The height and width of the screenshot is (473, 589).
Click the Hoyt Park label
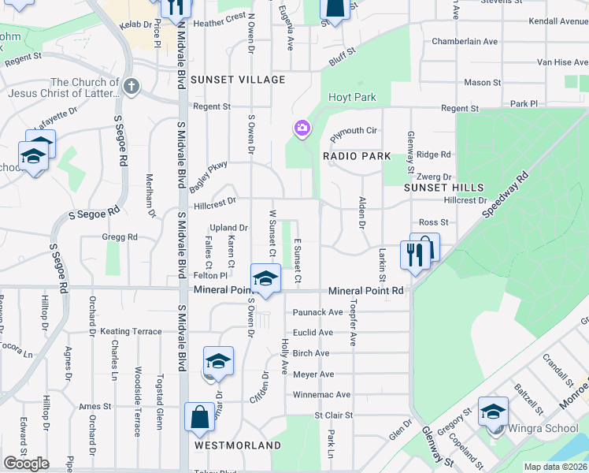click(352, 97)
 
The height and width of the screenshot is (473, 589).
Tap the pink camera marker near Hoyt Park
click(302, 128)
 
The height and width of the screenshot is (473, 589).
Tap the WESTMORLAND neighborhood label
click(238, 445)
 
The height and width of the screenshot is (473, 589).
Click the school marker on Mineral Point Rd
click(265, 277)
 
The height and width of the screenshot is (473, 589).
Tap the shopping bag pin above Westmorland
click(200, 415)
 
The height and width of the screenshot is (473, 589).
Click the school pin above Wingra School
click(493, 411)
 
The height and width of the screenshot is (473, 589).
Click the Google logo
click(26, 464)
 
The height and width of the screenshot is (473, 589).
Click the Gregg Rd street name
click(120, 236)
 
